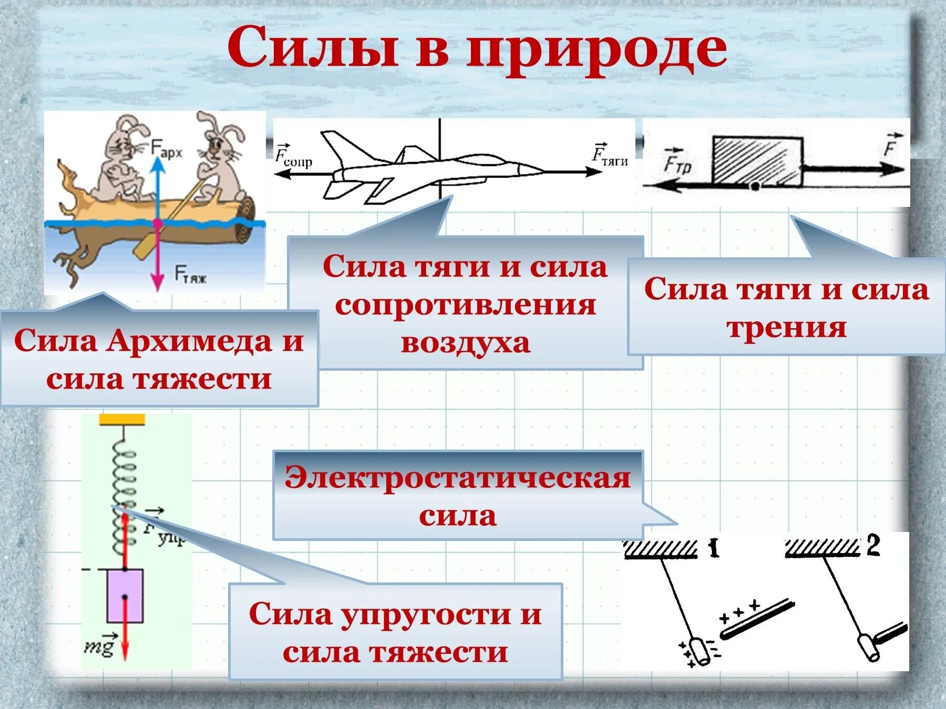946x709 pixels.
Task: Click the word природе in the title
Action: (597, 50)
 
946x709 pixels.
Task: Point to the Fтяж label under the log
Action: (190, 275)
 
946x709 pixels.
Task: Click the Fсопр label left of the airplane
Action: (293, 157)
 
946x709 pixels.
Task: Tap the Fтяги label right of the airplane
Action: (610, 155)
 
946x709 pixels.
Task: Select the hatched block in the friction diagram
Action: (757, 160)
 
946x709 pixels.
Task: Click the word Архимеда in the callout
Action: (189, 341)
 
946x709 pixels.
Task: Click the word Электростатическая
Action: (457, 478)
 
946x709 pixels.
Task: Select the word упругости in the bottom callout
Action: (427, 614)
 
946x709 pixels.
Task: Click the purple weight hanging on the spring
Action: (125, 596)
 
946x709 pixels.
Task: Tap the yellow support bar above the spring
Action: (122, 419)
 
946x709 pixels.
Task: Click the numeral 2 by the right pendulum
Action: (872, 546)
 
